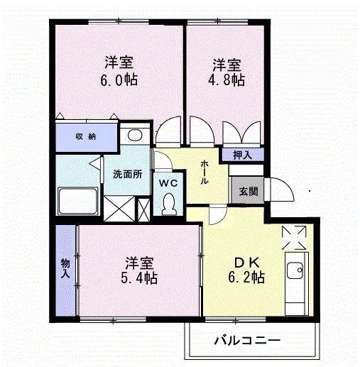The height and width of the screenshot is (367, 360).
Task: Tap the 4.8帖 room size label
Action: [x=227, y=80]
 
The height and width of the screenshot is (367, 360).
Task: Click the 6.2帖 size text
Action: [x=246, y=277]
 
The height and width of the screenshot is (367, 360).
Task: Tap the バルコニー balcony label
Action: [x=248, y=340]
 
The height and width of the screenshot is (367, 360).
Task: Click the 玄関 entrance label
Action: [x=249, y=191]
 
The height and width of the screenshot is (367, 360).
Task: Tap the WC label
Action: [x=168, y=182]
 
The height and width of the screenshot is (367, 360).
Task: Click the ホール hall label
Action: [x=204, y=172]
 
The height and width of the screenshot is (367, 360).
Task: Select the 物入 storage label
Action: [x=66, y=268]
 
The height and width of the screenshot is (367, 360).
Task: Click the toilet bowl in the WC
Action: [x=168, y=204]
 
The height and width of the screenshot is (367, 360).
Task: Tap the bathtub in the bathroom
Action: [x=77, y=202]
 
